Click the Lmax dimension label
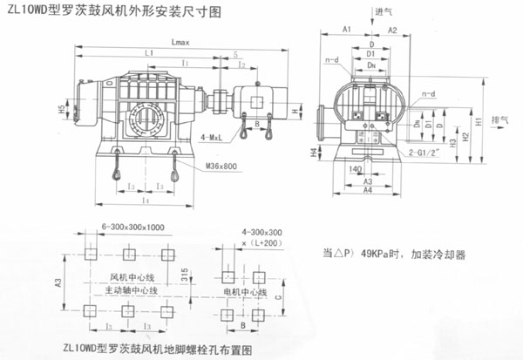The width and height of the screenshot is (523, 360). [x=180, y=41]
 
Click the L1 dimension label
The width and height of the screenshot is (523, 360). [x=151, y=53]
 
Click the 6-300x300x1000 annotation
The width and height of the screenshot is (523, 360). [x=132, y=226]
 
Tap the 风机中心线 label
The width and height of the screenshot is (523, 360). [x=116, y=277]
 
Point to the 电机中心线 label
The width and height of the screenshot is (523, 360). [x=243, y=289]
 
